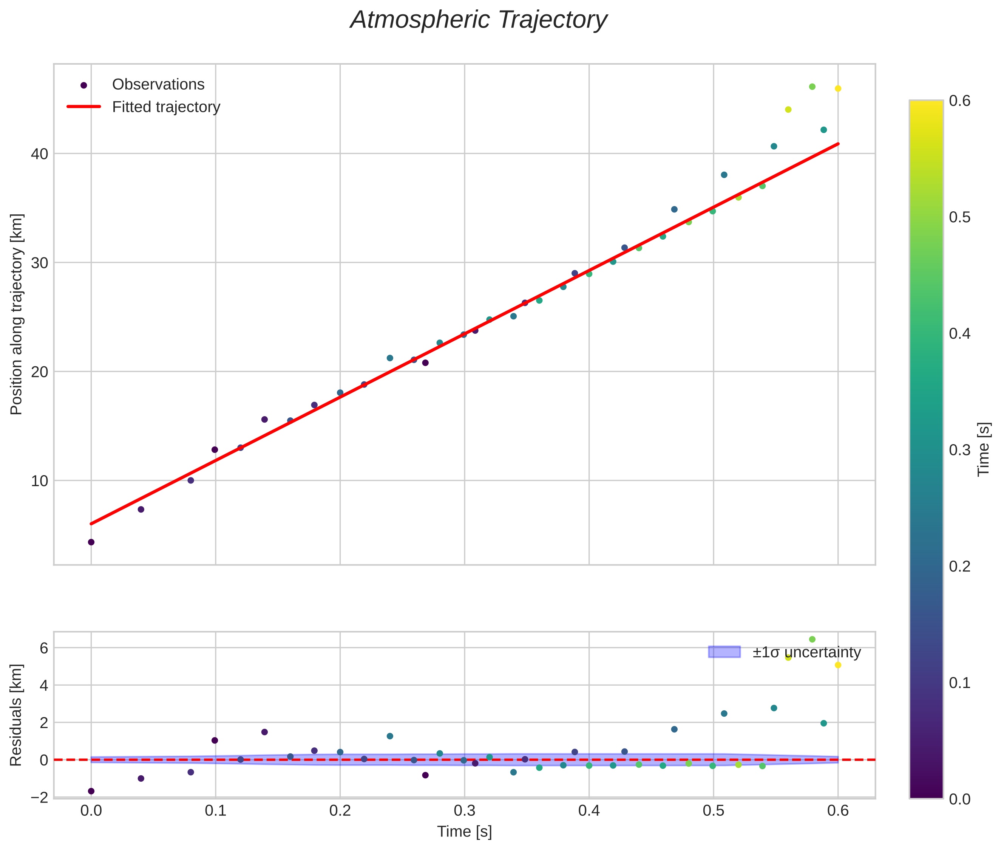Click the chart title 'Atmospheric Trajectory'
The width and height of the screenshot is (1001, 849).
point(478,20)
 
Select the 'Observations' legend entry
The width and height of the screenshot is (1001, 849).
point(158,85)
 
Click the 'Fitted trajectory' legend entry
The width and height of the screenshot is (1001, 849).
point(165,107)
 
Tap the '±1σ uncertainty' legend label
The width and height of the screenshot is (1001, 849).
point(806,653)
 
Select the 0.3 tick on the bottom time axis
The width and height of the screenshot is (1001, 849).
point(464,810)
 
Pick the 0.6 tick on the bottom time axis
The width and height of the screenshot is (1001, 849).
point(837,810)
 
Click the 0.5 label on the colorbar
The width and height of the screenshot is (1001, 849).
point(959,218)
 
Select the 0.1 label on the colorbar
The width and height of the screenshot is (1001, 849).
point(959,683)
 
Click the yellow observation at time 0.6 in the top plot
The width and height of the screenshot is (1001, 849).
point(837,88)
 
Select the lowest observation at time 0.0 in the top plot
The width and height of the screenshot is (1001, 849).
point(91,542)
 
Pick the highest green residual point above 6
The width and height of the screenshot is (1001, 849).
point(812,639)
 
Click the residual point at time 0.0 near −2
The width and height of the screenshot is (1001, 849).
point(91,791)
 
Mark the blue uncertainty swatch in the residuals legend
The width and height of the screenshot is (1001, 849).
point(724,652)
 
